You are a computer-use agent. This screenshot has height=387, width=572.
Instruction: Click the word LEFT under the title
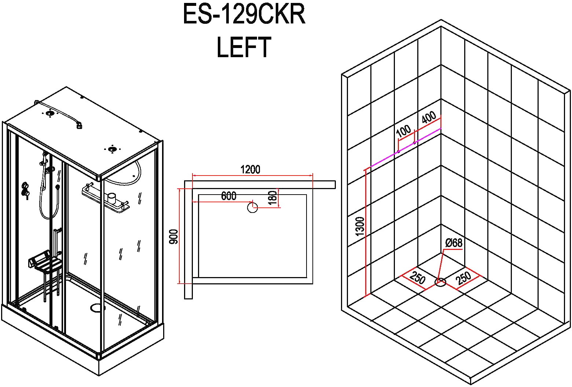[244, 48]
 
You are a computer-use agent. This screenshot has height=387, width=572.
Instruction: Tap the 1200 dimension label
[250, 170]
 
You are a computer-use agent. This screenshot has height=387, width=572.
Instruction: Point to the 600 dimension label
[228, 196]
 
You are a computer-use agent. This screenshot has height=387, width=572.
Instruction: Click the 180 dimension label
[272, 198]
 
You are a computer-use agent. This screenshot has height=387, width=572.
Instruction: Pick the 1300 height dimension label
[360, 226]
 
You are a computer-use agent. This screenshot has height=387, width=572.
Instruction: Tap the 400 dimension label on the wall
[428, 118]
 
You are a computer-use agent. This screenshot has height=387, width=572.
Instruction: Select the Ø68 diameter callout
[454, 243]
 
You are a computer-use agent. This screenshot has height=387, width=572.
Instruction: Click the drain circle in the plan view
[253, 208]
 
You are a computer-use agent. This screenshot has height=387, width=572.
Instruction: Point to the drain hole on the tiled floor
[440, 282]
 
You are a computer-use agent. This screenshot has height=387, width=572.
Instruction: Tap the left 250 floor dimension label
[417, 278]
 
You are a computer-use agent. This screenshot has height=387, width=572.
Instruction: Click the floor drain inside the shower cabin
[97, 307]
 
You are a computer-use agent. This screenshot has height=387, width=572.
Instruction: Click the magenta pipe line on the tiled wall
[403, 148]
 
